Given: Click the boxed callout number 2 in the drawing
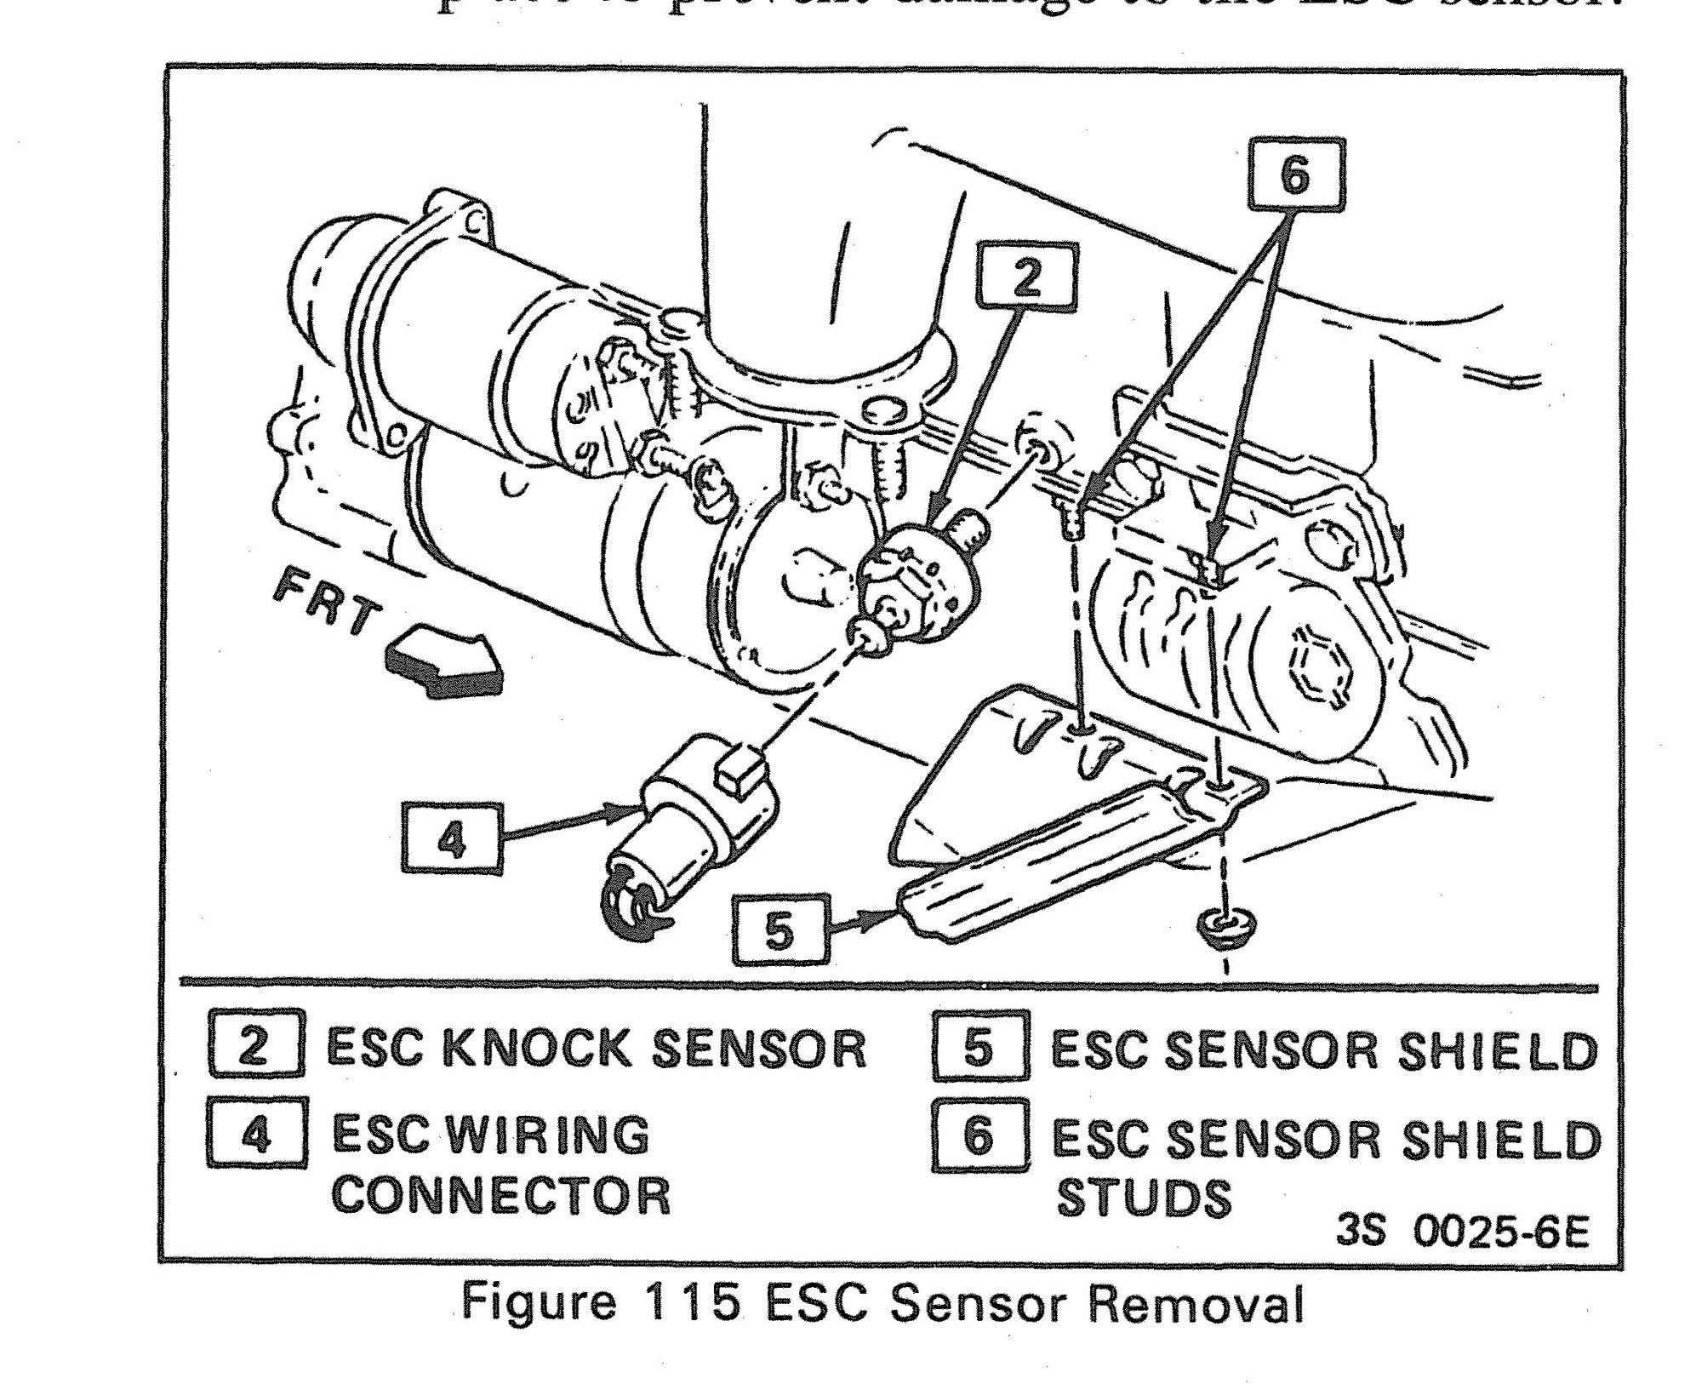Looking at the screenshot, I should (x=1027, y=278).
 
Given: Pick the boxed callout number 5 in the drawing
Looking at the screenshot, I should (x=779, y=930).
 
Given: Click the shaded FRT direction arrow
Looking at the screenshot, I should (x=443, y=652).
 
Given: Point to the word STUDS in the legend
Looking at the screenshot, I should (x=1142, y=1197).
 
